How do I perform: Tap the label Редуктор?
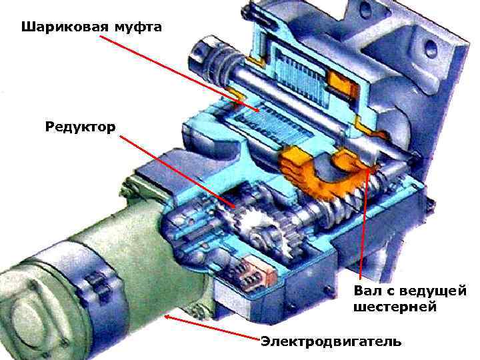(81, 126)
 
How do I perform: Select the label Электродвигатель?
(331, 342)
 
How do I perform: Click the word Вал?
(368, 291)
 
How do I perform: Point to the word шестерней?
(395, 307)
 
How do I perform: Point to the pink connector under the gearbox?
(256, 270)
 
